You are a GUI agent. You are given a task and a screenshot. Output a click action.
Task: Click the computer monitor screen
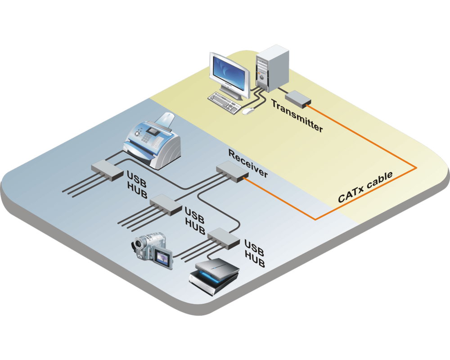pos(229,72)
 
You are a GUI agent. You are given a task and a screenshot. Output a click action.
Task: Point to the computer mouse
pos(247,110)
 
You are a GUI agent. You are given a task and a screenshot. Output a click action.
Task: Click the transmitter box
pos(297,99)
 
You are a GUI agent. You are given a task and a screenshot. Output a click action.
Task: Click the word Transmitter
pos(297,116)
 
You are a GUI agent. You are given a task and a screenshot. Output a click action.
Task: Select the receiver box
pos(232,172)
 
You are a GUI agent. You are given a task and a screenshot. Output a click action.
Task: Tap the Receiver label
pos(248,163)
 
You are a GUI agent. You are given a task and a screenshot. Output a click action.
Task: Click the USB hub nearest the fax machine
pos(107,170)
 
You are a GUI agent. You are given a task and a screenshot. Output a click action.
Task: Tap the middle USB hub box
pos(165,204)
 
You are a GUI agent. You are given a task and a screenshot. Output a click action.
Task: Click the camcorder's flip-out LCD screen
pos(162,258)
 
